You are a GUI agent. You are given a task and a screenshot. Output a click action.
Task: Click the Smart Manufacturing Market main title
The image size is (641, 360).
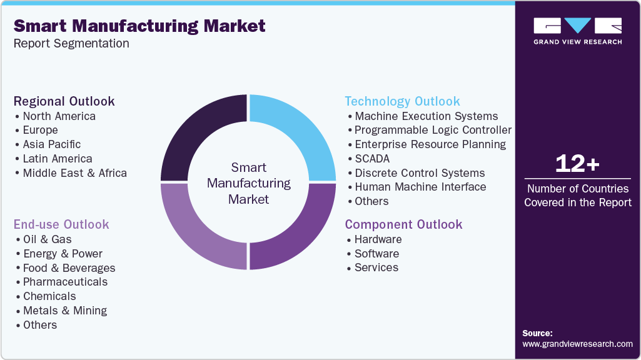click(x=139, y=26)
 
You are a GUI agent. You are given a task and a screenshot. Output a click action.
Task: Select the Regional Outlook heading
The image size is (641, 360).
click(x=64, y=101)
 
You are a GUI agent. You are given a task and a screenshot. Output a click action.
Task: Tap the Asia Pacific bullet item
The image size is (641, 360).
click(x=52, y=144)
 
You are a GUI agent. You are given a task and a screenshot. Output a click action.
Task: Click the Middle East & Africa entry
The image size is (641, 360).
click(x=74, y=173)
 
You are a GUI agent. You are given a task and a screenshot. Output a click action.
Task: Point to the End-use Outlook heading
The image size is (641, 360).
click(x=61, y=224)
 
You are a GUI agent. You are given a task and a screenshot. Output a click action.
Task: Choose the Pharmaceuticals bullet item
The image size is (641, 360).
click(x=65, y=282)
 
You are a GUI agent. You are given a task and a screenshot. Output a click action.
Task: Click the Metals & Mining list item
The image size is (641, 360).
click(x=65, y=311)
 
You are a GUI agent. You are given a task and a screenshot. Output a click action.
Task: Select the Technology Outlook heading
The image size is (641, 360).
click(x=402, y=101)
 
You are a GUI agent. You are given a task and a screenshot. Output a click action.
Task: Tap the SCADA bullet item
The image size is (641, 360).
click(x=371, y=158)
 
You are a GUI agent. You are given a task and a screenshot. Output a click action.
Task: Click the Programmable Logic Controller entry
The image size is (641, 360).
click(x=433, y=130)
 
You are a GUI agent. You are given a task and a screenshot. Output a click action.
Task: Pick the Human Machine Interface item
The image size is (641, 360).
click(x=420, y=187)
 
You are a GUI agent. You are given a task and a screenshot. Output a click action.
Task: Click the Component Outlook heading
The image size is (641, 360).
click(x=403, y=224)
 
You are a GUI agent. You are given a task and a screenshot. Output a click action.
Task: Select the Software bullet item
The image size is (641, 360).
click(x=376, y=254)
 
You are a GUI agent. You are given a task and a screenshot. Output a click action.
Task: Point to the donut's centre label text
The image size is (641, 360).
click(x=248, y=184)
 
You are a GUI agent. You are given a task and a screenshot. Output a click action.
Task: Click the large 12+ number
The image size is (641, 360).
click(x=577, y=164)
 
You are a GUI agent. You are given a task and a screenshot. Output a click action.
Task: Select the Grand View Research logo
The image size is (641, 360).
click(x=577, y=31)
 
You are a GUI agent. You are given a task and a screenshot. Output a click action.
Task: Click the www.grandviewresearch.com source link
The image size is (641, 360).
click(x=577, y=344)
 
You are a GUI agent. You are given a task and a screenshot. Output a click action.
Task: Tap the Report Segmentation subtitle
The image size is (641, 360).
click(x=71, y=44)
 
